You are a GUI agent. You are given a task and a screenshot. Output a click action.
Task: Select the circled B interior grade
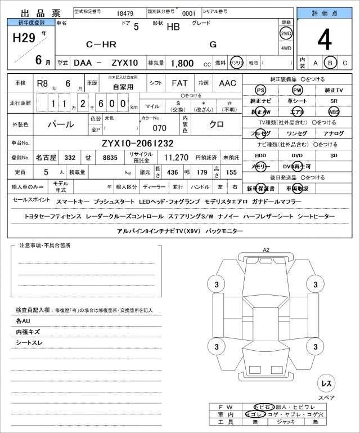click(331, 63)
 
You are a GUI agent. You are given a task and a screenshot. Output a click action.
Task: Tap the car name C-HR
click(102, 44)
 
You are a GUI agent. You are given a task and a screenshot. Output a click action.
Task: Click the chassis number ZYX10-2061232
click(137, 143)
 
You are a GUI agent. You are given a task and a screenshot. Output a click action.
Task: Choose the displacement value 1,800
click(183, 64)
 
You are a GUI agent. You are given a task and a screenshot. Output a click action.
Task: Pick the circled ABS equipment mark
click(334, 111)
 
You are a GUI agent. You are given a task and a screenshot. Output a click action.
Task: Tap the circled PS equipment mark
click(260, 90)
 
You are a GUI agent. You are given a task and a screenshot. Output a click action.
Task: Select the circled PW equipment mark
click(296, 90)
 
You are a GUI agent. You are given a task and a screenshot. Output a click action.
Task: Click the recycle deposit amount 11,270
click(175, 158)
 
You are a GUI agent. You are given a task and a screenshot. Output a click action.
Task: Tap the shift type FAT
click(179, 83)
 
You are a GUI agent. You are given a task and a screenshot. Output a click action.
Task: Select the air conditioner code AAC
click(227, 83)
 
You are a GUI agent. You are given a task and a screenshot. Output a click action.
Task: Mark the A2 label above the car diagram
click(266, 249)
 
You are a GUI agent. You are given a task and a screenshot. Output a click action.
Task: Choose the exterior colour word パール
click(61, 123)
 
